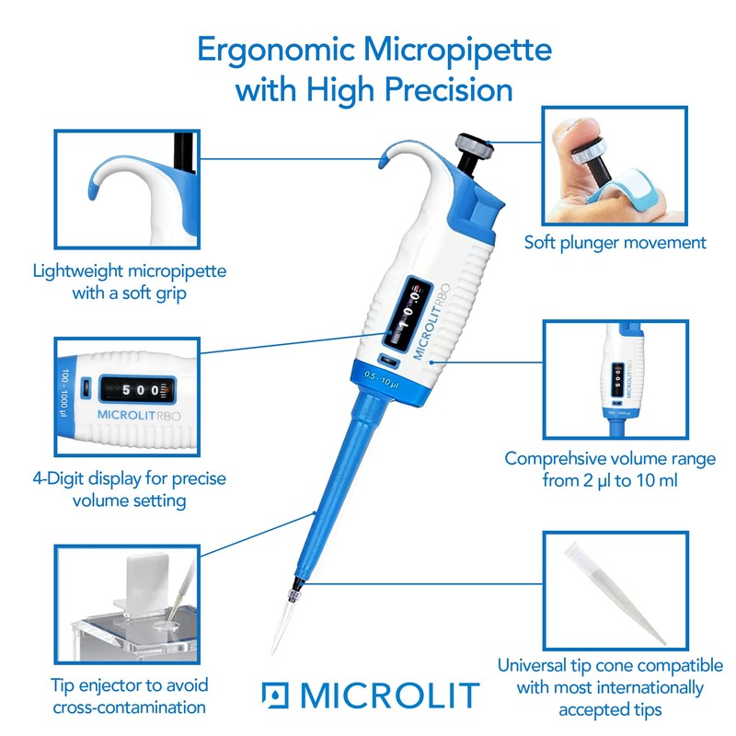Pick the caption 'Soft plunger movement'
pyautogui.click(x=615, y=243)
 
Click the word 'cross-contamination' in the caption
pyautogui.click(x=129, y=707)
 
